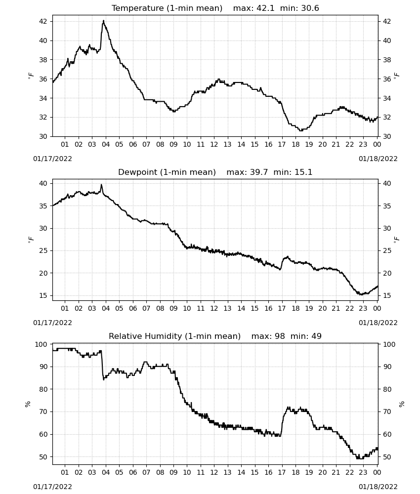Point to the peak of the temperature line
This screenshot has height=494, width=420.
(x=103, y=21)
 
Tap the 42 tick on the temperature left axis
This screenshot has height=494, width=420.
(x=43, y=21)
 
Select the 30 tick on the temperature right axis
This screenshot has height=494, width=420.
(x=386, y=136)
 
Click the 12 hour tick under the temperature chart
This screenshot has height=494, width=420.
(x=214, y=144)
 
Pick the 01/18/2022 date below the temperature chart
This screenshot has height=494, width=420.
(x=378, y=159)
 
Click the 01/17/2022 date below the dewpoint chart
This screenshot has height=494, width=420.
(x=52, y=323)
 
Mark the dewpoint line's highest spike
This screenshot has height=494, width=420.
(x=101, y=185)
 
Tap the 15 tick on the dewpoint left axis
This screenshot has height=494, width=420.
(x=43, y=295)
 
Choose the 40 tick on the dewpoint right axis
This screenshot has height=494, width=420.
(x=386, y=183)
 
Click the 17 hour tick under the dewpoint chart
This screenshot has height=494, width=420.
(x=282, y=308)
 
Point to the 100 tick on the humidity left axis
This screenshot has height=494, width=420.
(x=42, y=344)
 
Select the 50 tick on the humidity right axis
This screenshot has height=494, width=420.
(x=386, y=457)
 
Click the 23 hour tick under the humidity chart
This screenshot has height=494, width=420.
(x=363, y=472)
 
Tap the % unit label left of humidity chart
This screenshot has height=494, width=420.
(x=28, y=404)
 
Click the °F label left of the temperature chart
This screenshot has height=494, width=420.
(x=31, y=76)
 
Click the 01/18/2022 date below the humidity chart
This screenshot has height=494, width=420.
(x=378, y=487)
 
